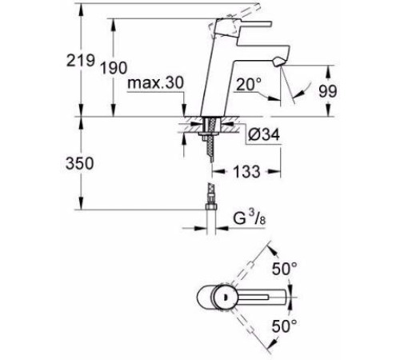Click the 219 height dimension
tap(81, 60)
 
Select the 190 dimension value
tap(114, 68)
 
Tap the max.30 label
tap(156, 83)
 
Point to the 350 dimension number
tap(80, 163)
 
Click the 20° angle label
tap(249, 85)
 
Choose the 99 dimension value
tap(328, 91)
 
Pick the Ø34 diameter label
tap(264, 134)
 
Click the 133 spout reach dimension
tap(246, 171)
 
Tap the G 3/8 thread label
tap(250, 218)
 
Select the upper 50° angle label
tap(285, 269)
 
